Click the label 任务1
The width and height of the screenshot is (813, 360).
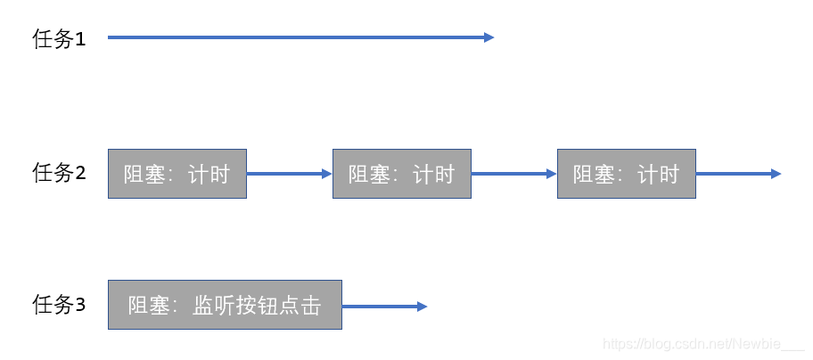59,39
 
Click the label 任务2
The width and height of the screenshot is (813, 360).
59,173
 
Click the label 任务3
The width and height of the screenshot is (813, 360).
59,306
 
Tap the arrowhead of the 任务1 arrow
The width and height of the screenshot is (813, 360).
489,37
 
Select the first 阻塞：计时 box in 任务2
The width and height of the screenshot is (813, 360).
177,174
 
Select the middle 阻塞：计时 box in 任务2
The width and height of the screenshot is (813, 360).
401,174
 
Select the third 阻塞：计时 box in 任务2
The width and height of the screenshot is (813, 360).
626,174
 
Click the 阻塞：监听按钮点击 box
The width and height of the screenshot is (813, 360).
225,306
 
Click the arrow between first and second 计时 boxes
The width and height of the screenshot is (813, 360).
289,174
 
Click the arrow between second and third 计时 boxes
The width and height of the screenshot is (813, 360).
513,174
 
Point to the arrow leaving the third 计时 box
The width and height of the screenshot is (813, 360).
736,174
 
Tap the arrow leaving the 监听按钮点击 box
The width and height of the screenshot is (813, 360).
383,306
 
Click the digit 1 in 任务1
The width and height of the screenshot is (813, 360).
80,40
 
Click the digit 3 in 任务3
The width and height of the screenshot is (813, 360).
80,306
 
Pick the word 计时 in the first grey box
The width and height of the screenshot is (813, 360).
209,174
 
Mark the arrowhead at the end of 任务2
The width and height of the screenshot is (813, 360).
776,174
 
